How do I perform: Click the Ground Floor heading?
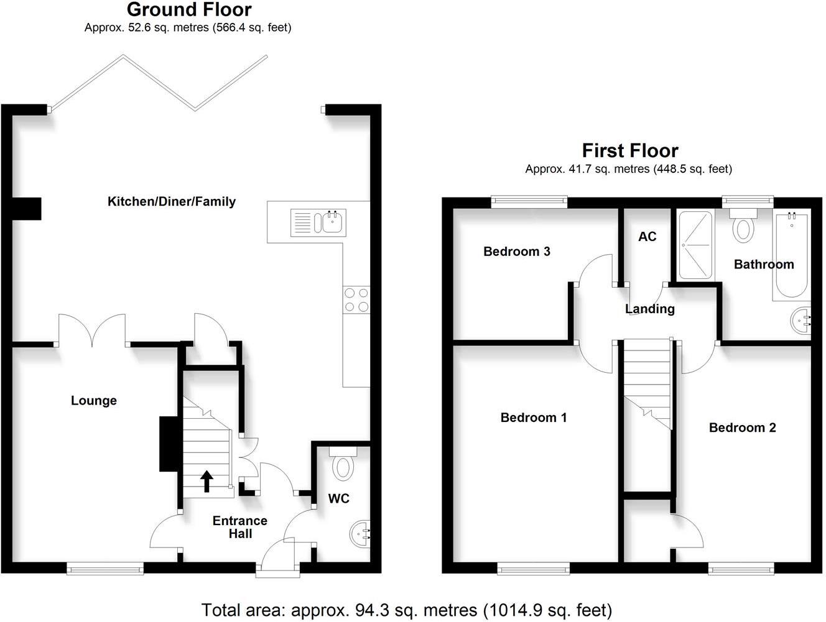point(189,10)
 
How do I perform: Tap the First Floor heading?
point(629,151)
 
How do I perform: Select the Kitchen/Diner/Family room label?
point(172,201)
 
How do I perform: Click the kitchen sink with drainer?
point(318,222)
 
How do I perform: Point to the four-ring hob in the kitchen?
point(356,300)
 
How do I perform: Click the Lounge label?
point(94,401)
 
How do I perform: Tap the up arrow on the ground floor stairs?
point(206,481)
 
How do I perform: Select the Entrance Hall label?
point(240,527)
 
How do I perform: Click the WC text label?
point(338,498)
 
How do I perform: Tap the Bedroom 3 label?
point(516,252)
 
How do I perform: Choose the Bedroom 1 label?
point(534,418)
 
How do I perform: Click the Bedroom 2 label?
point(742,428)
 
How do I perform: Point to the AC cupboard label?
point(647,237)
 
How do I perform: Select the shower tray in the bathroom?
point(695,245)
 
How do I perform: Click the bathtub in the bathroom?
point(791,256)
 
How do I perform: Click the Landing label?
point(649,309)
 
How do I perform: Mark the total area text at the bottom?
point(407,610)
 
